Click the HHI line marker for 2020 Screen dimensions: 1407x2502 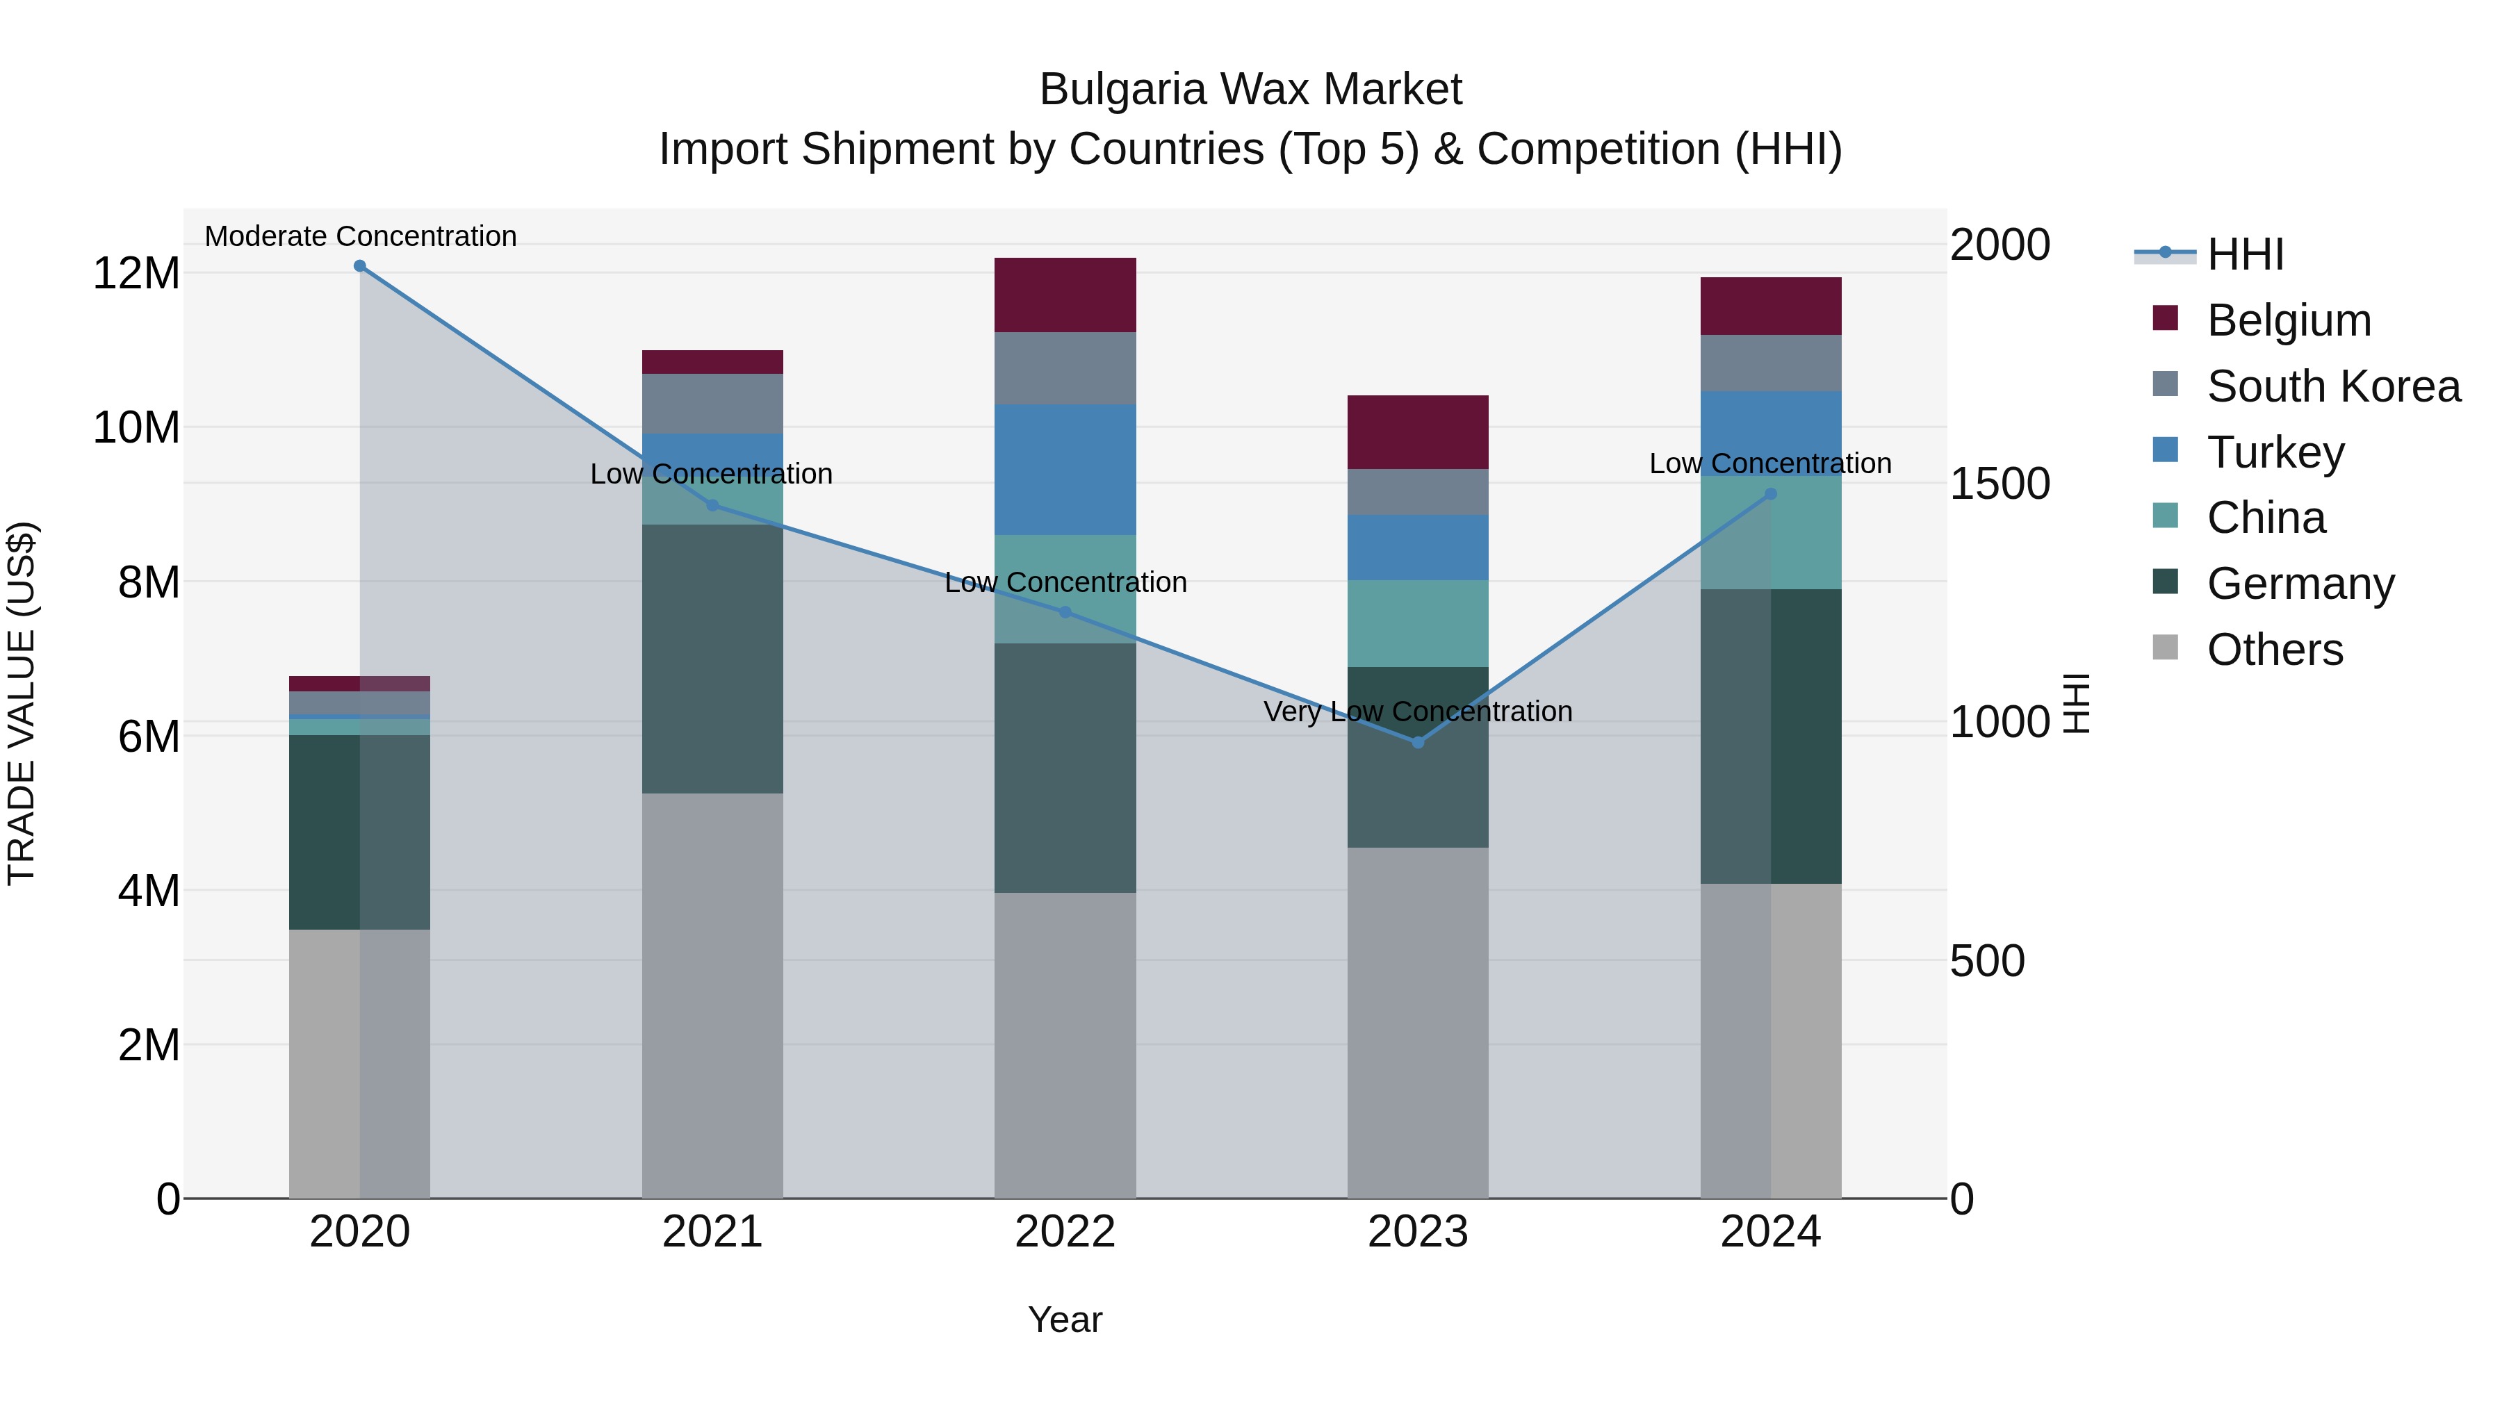(359, 266)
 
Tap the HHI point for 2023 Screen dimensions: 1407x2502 (1417, 743)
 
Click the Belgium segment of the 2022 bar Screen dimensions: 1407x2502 (1065, 295)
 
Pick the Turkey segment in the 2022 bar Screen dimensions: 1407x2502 (1065, 469)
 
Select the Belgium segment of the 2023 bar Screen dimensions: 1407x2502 (1417, 432)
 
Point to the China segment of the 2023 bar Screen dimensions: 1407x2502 (1417, 623)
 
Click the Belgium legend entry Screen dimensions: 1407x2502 (2289, 320)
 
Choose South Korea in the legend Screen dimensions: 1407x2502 (2333, 386)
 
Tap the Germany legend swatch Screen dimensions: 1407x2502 (2165, 583)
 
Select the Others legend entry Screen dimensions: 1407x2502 (2274, 650)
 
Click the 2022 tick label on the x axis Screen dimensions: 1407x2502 (1065, 1232)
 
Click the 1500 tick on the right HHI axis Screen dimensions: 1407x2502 (2000, 484)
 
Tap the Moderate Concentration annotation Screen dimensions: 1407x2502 (360, 236)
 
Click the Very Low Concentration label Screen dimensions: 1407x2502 (1417, 711)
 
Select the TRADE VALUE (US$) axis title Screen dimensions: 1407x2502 (22, 703)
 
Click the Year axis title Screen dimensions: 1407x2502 (1065, 1319)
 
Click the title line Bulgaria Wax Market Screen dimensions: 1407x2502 (1250, 90)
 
